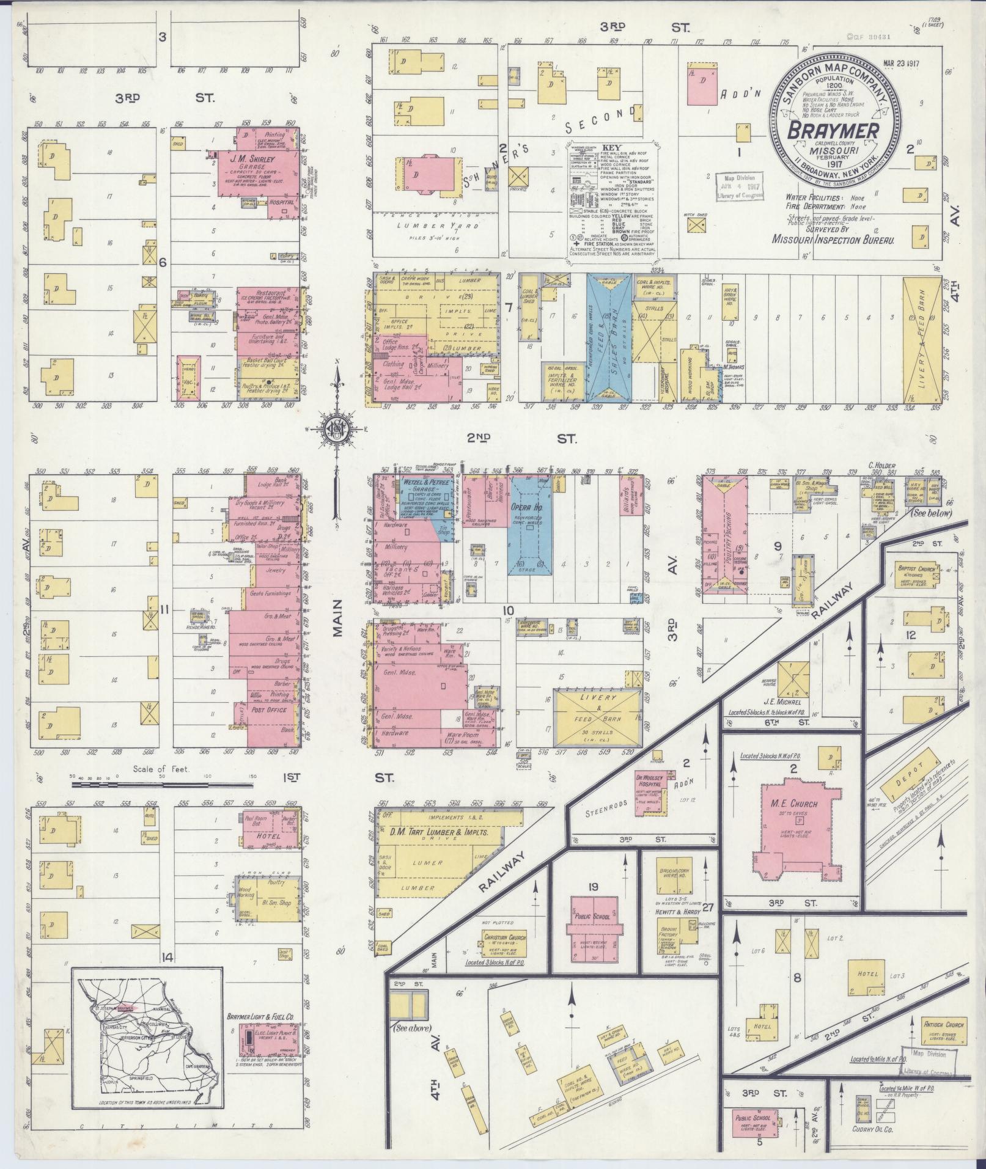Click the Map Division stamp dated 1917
(x=740, y=186)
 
